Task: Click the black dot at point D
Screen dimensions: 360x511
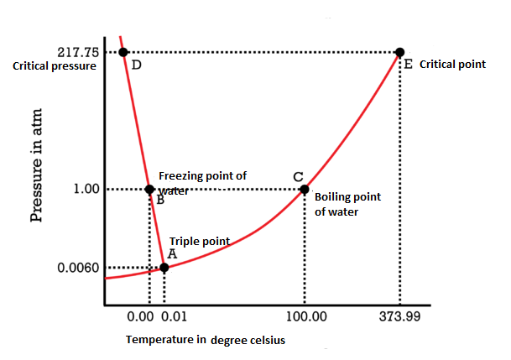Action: pyautogui.click(x=123, y=52)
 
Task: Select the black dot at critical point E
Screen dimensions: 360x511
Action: pyautogui.click(x=400, y=52)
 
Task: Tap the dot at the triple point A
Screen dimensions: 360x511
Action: pyautogui.click(x=164, y=268)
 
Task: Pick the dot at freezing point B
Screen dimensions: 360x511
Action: pyautogui.click(x=149, y=189)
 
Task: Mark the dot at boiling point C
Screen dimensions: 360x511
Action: pyautogui.click(x=305, y=189)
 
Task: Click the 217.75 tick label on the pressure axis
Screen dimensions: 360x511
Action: pyautogui.click(x=76, y=51)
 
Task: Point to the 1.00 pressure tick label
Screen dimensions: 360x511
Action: pyautogui.click(x=88, y=189)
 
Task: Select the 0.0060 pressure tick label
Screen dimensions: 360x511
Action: pyautogui.click(x=81, y=269)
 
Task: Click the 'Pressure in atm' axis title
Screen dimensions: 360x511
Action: pyautogui.click(x=36, y=165)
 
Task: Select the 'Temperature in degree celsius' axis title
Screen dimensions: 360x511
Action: pyautogui.click(x=205, y=340)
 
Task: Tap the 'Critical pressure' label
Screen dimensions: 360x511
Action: pyautogui.click(x=55, y=65)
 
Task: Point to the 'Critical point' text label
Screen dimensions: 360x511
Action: pyautogui.click(x=452, y=64)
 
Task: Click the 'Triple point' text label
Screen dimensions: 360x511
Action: pyautogui.click(x=199, y=241)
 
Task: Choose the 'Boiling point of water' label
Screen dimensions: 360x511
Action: pyautogui.click(x=347, y=204)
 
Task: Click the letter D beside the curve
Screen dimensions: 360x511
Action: pyautogui.click(x=137, y=65)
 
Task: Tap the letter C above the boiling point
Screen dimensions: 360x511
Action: pyautogui.click(x=298, y=176)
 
